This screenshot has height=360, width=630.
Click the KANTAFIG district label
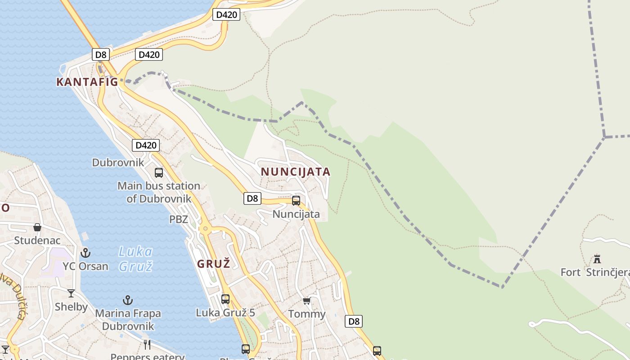point(87,82)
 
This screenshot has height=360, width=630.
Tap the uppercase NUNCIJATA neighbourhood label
point(296,172)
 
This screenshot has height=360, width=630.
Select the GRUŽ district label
point(214,264)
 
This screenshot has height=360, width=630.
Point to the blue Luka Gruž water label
point(135,259)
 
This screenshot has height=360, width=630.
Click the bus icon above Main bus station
point(159,173)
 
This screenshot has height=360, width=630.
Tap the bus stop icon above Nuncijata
point(296,201)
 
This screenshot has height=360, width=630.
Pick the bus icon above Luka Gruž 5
point(225,299)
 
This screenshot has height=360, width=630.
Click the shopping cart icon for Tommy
point(307,301)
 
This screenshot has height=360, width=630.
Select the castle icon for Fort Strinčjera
point(597,259)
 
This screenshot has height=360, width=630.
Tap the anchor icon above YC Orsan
point(85,253)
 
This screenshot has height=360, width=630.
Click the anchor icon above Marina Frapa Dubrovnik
point(128,300)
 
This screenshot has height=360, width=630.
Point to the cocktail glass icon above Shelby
point(71,294)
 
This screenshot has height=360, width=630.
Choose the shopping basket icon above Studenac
point(37,227)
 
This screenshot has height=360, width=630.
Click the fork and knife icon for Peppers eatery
point(147,345)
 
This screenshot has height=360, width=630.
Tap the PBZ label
point(179,220)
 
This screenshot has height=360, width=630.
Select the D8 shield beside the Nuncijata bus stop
point(252,198)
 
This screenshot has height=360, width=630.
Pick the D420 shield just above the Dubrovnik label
point(146,145)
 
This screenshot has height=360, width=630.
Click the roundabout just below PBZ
point(206,229)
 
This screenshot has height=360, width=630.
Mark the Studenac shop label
point(37,240)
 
